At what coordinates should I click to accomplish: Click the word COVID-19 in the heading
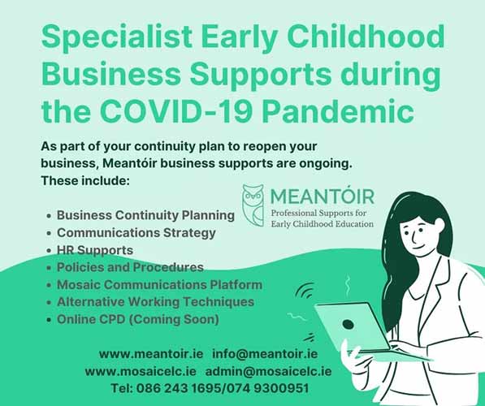coord(175,110)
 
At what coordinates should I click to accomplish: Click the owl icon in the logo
coord(253,205)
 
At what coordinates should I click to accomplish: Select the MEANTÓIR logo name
coord(323,196)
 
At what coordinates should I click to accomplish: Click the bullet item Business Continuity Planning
coord(145,215)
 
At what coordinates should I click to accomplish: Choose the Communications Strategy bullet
coord(136,233)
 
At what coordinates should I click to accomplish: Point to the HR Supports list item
coord(95,250)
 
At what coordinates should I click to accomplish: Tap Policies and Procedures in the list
coord(130,267)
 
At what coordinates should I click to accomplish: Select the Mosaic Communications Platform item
coord(159,285)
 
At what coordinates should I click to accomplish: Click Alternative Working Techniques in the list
coord(156,302)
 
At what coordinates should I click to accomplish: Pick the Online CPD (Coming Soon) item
coord(138,319)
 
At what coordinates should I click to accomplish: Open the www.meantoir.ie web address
coord(151,354)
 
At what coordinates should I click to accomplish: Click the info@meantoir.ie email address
coord(265,354)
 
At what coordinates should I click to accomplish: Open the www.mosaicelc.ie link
coord(141,371)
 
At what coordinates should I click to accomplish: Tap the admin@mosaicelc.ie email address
coord(268,371)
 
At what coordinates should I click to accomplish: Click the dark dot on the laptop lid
coord(349,324)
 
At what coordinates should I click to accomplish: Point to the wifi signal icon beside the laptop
coord(305,291)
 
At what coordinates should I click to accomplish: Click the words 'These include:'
coord(85,180)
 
